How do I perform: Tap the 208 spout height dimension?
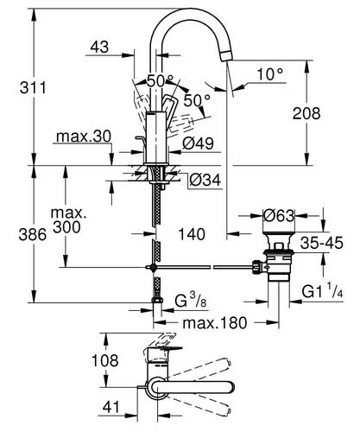(330, 113)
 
